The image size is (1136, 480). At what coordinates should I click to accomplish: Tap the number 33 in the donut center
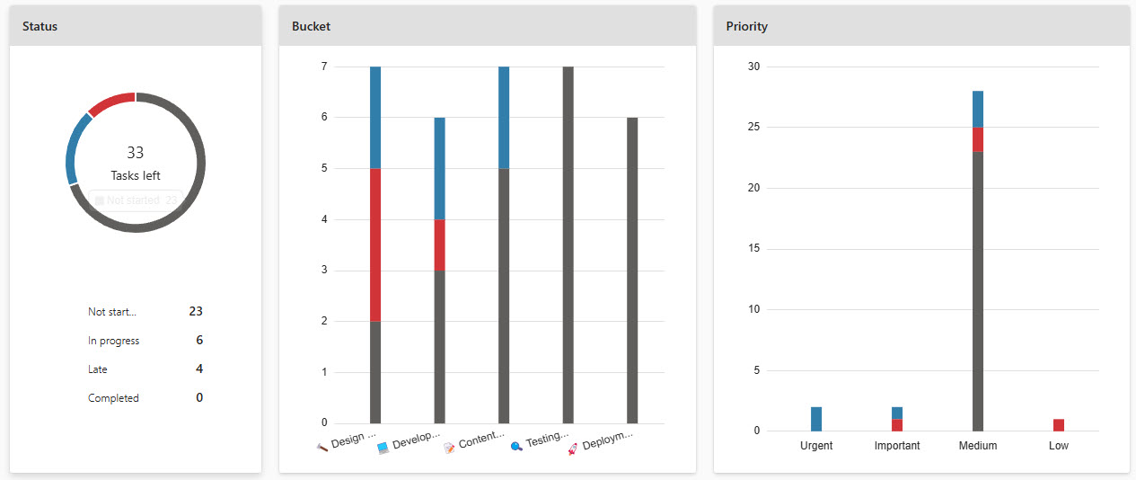tap(136, 153)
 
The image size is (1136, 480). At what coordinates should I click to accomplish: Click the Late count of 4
tap(199, 369)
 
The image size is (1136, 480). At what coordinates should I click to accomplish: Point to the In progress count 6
tap(199, 340)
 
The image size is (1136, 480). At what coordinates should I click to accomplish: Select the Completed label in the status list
tap(113, 397)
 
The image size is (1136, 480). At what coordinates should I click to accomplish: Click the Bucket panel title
tap(311, 26)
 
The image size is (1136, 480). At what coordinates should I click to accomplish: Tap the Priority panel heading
tap(746, 26)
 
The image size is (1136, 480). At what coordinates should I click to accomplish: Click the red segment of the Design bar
tap(375, 244)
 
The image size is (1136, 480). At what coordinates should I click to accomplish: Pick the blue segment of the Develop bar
tap(439, 168)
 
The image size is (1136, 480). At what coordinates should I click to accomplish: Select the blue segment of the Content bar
tap(504, 117)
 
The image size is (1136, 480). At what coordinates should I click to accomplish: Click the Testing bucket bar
tap(568, 244)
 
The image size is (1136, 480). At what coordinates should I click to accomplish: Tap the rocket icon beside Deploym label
tap(572, 448)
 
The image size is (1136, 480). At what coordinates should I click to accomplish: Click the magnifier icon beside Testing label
tap(516, 447)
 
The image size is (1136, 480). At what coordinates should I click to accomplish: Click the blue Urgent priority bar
tap(816, 419)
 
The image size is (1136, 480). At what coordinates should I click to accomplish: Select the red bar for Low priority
tap(1059, 425)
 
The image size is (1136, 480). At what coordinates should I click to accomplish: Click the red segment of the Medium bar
tap(978, 139)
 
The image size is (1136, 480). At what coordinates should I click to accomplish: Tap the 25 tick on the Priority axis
tap(753, 128)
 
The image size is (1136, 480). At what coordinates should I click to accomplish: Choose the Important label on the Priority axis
tap(897, 446)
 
